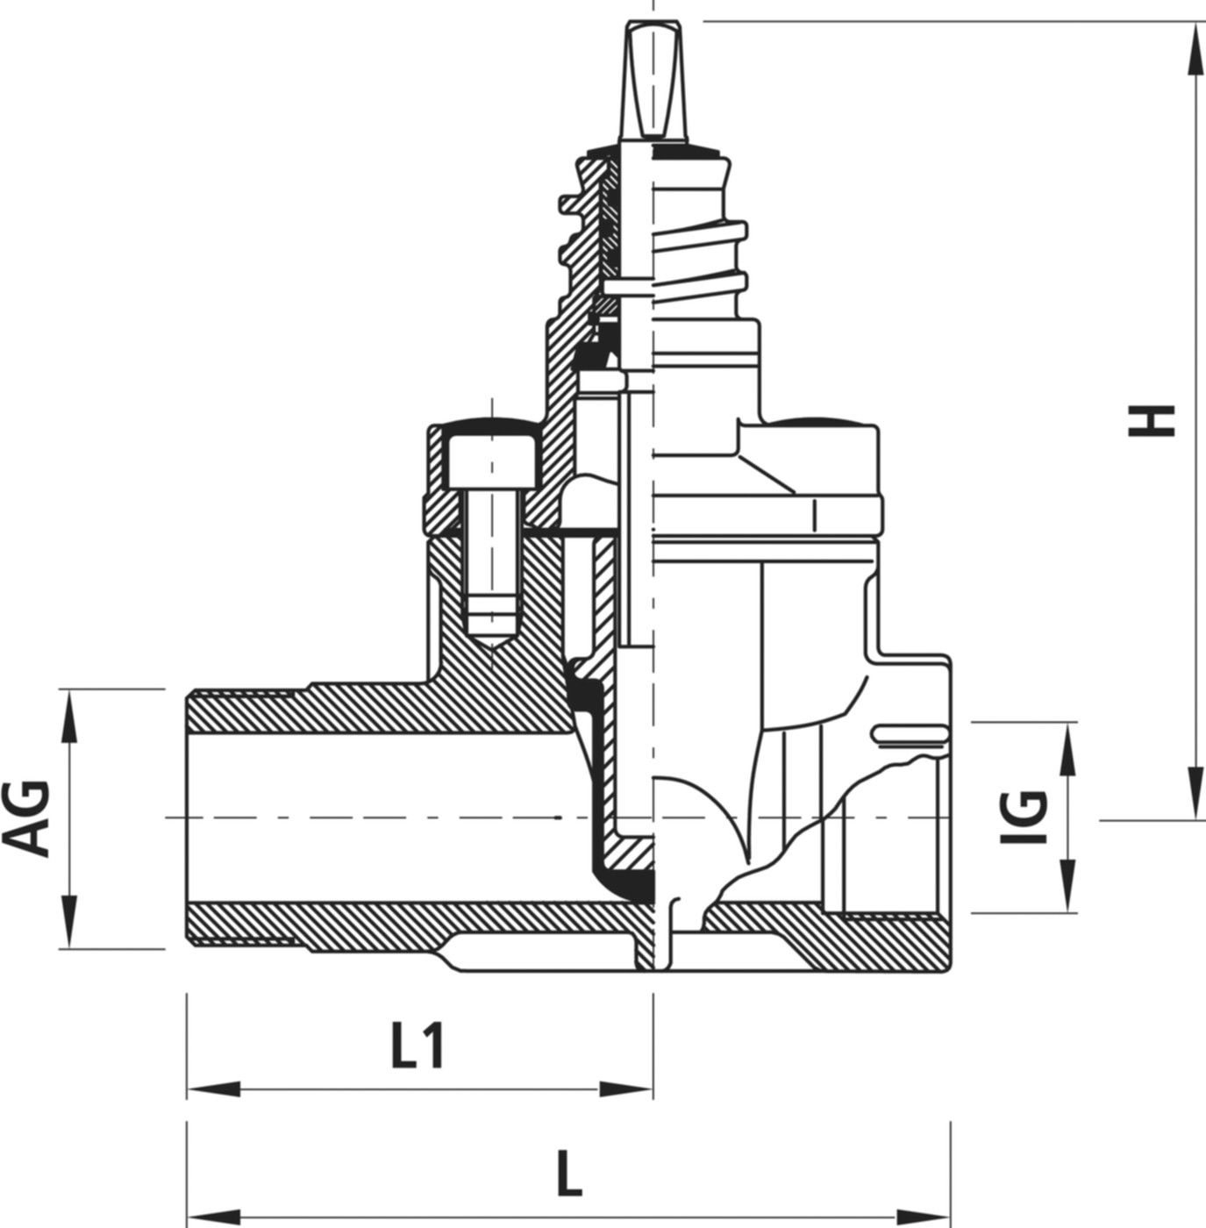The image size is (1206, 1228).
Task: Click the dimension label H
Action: (1150, 420)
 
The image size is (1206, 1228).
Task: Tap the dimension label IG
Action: (1023, 817)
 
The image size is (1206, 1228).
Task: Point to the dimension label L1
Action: (417, 1047)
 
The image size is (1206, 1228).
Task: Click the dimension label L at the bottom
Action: (570, 1174)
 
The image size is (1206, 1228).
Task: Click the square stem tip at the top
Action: (653, 79)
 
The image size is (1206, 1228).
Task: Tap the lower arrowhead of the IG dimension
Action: (1068, 891)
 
